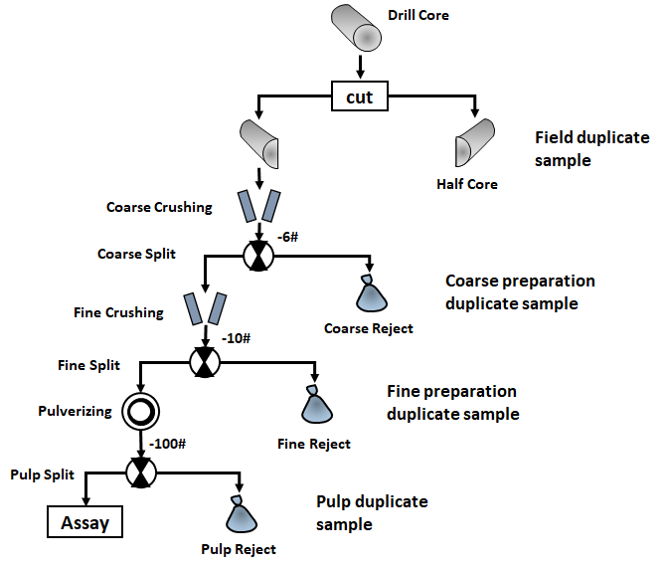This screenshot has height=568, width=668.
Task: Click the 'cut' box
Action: click(359, 98)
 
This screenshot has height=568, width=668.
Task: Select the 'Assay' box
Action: click(84, 520)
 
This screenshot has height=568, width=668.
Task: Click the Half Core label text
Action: click(466, 184)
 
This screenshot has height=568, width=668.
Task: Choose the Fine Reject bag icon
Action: click(316, 405)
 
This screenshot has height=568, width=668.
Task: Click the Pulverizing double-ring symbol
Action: click(139, 411)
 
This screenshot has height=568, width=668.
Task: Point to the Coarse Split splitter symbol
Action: click(258, 257)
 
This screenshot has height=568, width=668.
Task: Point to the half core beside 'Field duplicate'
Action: click(474, 146)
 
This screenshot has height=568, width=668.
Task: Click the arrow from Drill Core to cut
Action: click(359, 69)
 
